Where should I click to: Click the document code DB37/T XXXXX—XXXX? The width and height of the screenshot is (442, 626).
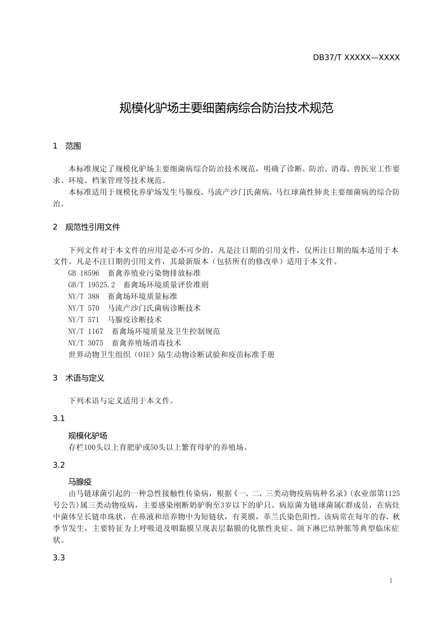(356, 58)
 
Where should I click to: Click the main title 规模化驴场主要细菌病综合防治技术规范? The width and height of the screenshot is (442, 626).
(227, 109)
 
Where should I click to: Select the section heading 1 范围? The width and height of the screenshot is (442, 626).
(67, 146)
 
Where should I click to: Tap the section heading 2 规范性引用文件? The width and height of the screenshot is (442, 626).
(87, 227)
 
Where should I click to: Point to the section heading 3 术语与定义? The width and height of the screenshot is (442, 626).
(79, 378)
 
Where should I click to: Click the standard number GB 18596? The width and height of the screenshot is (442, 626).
(84, 273)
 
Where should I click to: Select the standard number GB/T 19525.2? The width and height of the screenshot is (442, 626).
(92, 285)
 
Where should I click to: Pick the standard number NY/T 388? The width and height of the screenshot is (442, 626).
(84, 297)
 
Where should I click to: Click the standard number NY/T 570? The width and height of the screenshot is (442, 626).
(84, 308)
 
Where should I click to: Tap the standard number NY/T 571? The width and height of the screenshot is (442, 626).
(84, 320)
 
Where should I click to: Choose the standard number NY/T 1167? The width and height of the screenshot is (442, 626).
(86, 332)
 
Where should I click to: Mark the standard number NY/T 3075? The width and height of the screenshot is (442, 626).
(86, 343)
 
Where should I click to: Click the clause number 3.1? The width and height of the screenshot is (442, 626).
(59, 419)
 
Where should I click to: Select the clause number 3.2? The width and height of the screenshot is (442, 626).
(59, 465)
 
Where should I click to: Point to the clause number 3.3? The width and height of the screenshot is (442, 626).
(59, 558)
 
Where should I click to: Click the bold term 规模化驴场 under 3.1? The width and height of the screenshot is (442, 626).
(87, 436)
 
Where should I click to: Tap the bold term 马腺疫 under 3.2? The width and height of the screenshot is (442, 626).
(80, 482)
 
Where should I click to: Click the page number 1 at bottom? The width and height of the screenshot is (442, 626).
(391, 581)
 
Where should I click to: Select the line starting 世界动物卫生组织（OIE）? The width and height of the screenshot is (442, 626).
(171, 355)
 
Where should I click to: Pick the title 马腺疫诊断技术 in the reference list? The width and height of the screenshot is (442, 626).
(135, 320)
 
